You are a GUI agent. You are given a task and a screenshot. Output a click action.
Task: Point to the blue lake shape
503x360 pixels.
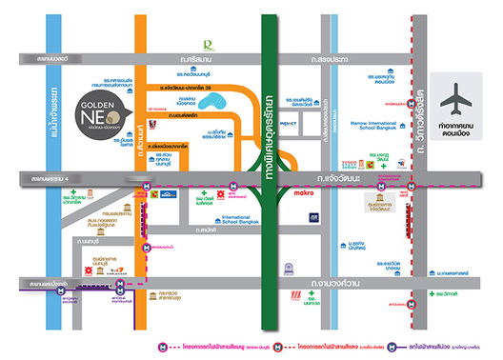208,100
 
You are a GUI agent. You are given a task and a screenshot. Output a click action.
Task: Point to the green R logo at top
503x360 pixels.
209,42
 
